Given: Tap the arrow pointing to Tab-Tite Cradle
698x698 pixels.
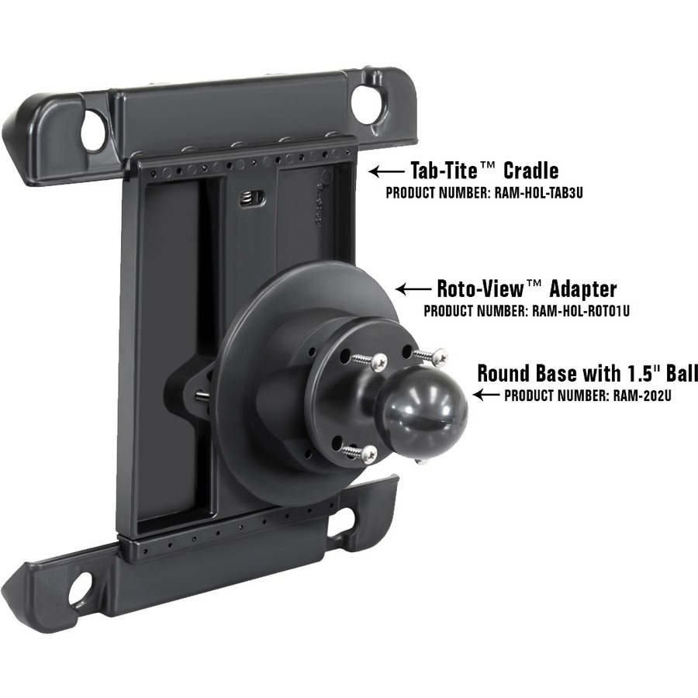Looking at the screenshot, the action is coord(386,171).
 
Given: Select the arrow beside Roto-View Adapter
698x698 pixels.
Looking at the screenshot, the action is coord(413,289).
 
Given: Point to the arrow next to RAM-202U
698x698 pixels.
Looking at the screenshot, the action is coord(486,395).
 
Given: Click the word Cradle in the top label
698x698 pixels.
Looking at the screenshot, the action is coord(530,171).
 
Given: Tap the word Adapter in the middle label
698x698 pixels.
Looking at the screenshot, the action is coord(583,289).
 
